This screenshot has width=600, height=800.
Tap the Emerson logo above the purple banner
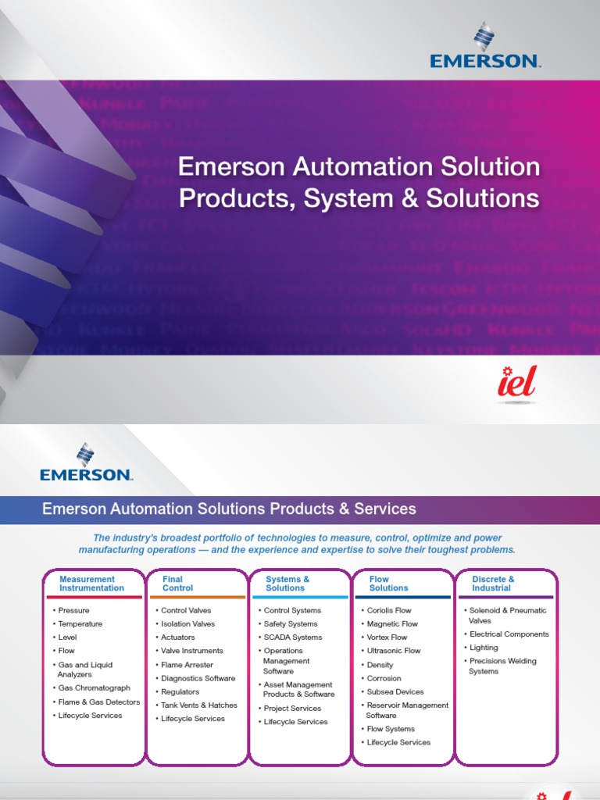coord(86,462)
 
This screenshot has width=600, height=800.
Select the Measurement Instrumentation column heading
coord(91,584)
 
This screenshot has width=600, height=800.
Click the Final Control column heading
coord(177,584)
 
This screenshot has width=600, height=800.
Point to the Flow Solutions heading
coord(387,584)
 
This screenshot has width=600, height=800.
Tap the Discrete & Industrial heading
coord(493,584)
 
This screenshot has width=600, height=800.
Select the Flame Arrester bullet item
coord(187,665)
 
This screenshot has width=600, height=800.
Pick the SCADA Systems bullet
coord(292,637)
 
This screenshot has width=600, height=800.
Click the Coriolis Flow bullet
coord(389,610)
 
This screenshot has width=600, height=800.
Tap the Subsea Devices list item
coord(395,691)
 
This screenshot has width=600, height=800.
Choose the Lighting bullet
coord(484,648)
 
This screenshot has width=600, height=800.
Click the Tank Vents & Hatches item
coord(198,705)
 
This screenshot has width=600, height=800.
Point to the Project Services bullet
coord(292,709)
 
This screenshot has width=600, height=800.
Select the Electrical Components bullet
coord(509,634)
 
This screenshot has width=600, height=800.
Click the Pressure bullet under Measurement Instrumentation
coord(73,610)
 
